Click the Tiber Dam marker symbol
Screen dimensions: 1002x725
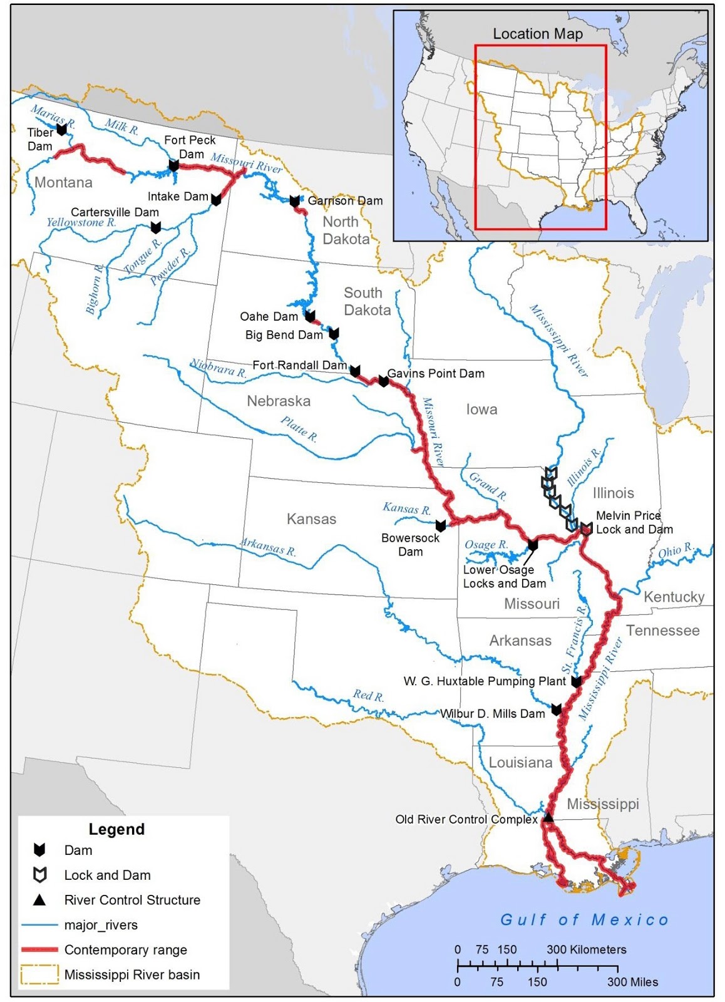pos(61,129)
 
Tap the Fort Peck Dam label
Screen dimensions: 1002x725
pos(190,147)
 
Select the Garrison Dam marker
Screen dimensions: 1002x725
pos(294,201)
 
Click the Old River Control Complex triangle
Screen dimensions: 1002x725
pos(548,817)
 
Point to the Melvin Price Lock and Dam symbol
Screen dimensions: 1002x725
pos(586,529)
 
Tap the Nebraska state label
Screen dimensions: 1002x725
pos(279,401)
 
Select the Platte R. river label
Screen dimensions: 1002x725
pos(299,428)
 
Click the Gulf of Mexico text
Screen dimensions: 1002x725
pos(584,919)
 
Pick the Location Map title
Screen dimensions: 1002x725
pos(537,34)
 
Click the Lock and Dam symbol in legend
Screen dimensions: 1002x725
pos(40,875)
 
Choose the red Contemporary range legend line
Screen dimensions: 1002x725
pos(39,949)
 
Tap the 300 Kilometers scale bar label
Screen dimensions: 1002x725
pos(586,949)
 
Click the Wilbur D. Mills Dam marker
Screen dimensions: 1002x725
pos(556,710)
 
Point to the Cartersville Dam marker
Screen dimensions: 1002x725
pos(156,227)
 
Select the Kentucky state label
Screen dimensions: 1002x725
pos(674,597)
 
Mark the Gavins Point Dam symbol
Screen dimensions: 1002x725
pos(384,380)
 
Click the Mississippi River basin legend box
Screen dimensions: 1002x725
pos(39,974)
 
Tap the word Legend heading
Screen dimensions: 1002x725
pos(116,829)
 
